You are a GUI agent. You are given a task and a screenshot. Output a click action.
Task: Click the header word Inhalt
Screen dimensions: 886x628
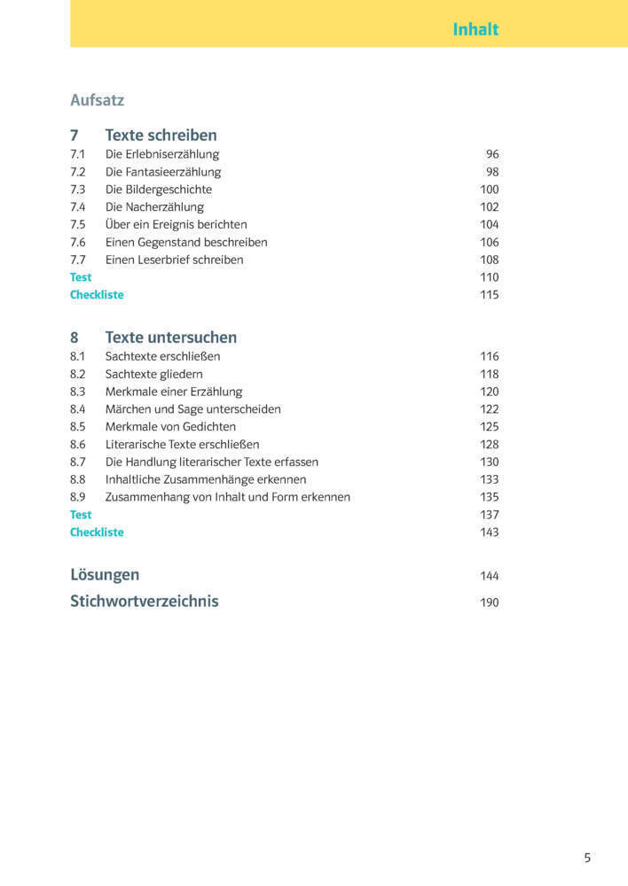click(475, 29)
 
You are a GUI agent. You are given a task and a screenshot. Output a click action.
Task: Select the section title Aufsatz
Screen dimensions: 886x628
click(97, 100)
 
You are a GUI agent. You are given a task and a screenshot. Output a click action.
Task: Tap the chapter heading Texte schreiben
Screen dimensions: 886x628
click(161, 136)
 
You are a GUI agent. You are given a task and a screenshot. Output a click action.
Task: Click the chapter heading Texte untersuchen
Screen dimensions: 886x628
click(170, 338)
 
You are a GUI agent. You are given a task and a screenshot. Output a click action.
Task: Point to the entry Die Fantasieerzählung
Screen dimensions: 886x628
click(163, 172)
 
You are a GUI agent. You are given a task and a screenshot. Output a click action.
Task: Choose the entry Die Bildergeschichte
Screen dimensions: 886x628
click(159, 190)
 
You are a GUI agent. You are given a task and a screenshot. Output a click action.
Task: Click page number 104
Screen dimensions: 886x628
click(489, 224)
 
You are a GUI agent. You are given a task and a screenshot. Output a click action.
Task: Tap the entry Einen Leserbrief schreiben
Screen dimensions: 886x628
click(174, 260)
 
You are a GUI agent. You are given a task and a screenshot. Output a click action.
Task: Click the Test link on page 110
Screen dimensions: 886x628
click(81, 277)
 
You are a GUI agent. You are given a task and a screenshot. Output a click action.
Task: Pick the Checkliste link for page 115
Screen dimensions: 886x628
click(97, 295)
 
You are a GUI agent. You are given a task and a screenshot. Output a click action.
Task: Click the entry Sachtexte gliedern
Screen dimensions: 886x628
click(153, 374)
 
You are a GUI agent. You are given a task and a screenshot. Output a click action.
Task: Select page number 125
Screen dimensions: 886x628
click(489, 427)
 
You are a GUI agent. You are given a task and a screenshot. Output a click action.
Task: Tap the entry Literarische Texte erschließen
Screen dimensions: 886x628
click(182, 445)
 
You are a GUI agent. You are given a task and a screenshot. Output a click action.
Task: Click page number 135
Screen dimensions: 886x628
click(489, 497)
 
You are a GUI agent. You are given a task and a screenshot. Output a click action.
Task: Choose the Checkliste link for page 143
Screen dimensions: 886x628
click(97, 532)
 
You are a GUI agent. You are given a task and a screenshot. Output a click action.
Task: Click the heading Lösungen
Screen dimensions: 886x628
click(105, 575)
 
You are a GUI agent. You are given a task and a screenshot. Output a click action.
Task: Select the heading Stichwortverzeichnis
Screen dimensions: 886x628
click(144, 601)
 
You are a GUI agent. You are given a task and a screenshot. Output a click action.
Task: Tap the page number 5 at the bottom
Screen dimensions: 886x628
click(587, 858)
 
